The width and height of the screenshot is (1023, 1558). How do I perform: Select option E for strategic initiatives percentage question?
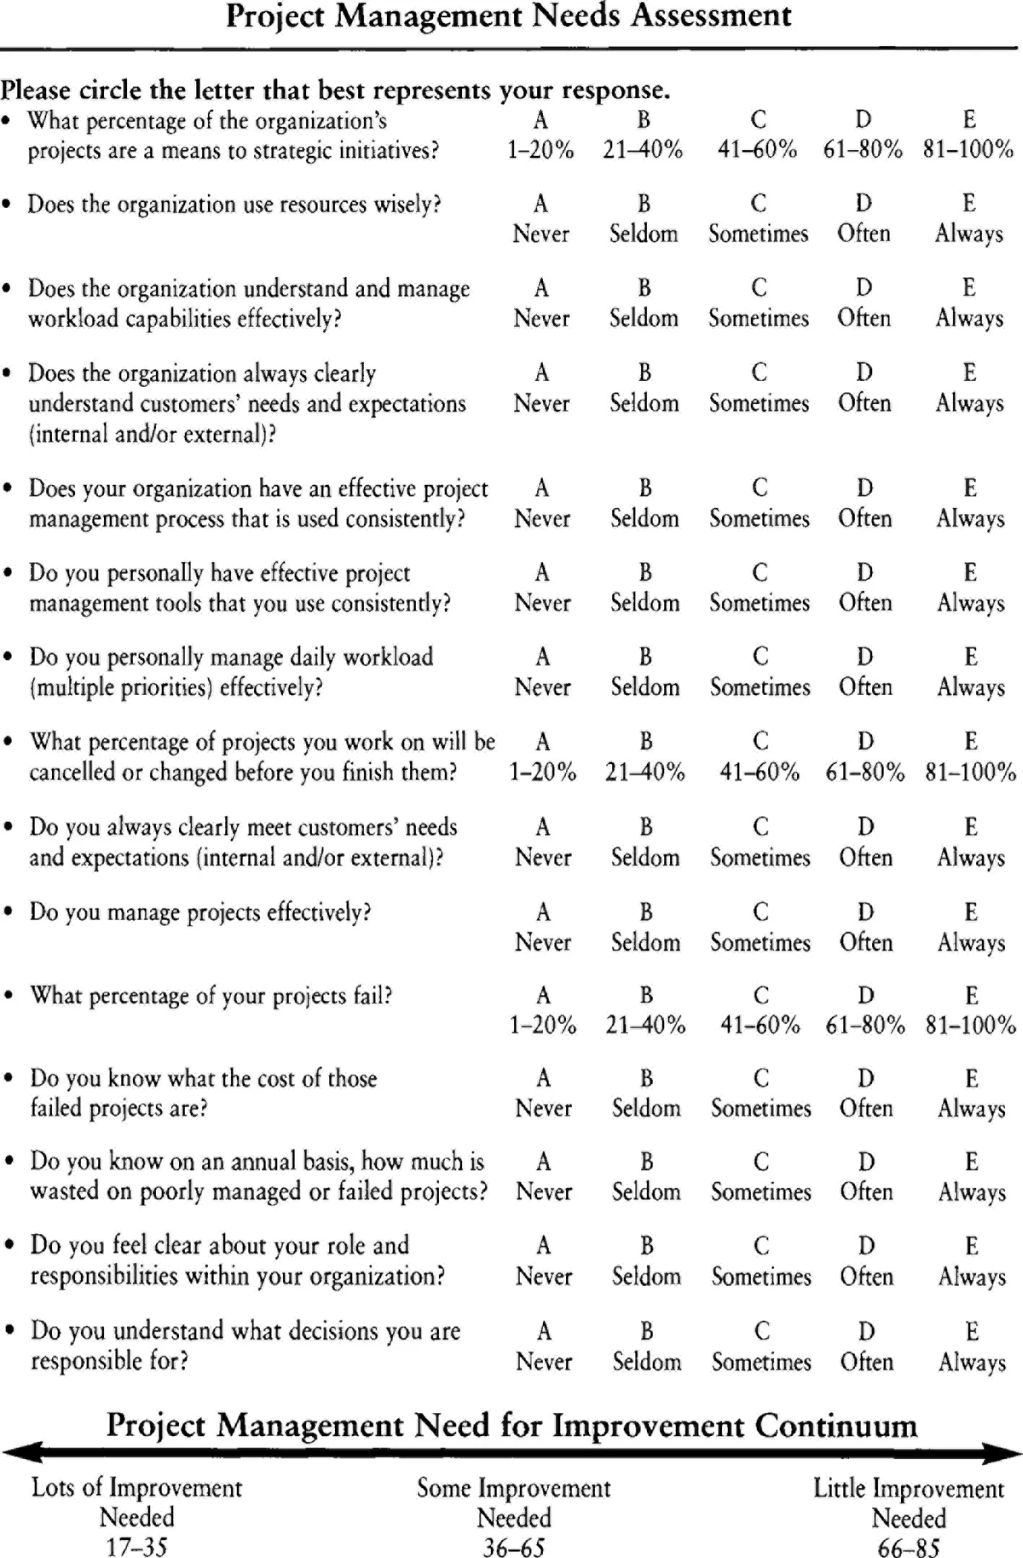pos(969,120)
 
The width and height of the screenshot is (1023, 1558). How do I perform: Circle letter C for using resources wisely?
pos(758,204)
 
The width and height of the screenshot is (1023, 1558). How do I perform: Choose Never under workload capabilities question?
pos(541,318)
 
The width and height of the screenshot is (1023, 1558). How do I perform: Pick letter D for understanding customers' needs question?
pos(864,373)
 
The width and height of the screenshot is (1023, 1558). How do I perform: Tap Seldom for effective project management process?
pos(645,519)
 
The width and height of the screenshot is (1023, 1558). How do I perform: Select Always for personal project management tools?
pos(971,603)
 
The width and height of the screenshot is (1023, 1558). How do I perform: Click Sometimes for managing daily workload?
pos(760,687)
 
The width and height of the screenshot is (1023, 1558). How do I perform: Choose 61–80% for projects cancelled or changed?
pos(865,772)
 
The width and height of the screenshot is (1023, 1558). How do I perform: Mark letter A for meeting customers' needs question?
pos(543,827)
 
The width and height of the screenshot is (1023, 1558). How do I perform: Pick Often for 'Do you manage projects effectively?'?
pos(866,942)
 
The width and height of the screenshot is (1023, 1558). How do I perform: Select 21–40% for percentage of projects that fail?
pos(645,1025)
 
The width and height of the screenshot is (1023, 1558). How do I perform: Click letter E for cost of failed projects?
pos(972,1079)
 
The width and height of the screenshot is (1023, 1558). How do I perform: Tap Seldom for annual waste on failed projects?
pos(646,1191)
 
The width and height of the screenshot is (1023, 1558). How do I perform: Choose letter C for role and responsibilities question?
pos(762,1246)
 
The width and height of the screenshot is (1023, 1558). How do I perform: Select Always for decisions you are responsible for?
pos(972,1362)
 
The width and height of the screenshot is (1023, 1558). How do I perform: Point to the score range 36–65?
pos(514,1547)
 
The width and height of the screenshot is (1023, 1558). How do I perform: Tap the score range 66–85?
pos(909,1547)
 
